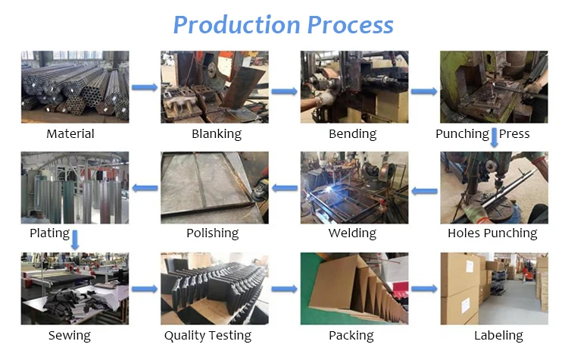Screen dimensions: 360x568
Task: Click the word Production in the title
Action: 236,24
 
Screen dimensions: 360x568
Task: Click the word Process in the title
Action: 350,24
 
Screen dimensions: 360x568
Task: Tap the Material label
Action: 70,134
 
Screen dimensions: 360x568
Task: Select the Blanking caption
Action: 216,134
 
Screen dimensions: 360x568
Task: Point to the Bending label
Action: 352,134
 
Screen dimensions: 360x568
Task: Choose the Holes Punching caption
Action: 492,233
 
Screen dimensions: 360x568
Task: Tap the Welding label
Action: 352,233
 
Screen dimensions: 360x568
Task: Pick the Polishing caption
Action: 212,233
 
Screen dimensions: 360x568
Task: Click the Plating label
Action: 49,233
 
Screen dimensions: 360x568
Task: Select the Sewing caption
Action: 69,335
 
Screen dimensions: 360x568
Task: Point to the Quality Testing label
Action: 208,335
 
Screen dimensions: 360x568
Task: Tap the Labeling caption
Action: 498,335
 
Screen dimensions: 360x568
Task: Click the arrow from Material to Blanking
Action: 144,88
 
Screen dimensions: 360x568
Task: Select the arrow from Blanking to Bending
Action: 284,92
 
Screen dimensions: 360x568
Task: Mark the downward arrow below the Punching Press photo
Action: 495,137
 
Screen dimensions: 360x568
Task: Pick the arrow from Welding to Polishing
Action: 285,188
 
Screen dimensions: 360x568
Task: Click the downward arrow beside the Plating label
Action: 76,239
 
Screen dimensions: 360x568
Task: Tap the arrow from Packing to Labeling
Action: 424,289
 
